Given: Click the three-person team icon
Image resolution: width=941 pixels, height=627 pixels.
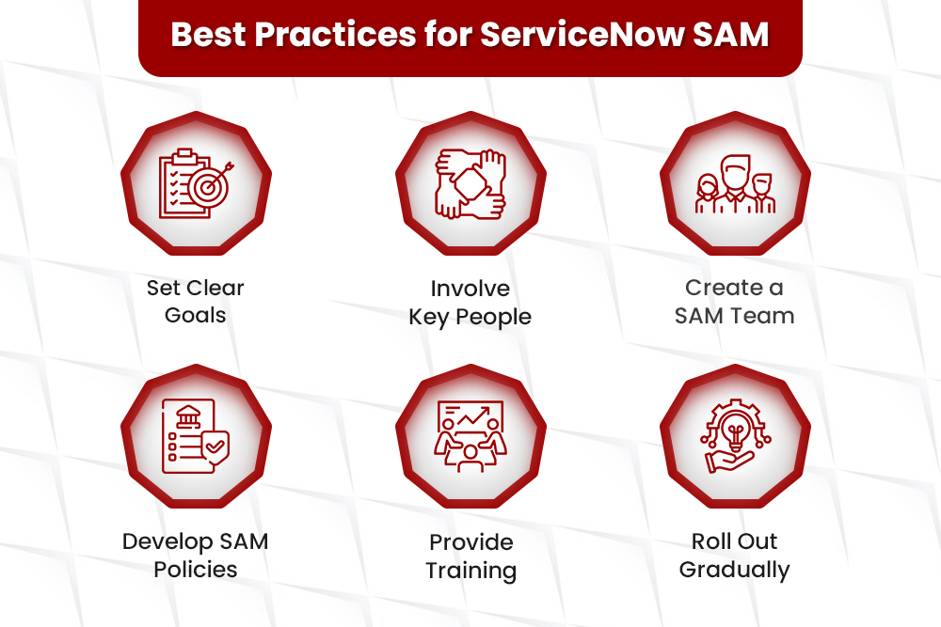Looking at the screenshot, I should (x=735, y=182).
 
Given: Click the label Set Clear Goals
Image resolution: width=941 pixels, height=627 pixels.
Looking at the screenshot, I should (x=196, y=302).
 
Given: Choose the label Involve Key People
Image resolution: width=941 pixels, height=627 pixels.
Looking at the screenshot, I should (x=470, y=303).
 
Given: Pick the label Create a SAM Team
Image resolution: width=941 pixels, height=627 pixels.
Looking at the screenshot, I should (x=735, y=302).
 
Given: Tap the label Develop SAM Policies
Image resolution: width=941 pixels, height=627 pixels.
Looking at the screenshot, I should (x=196, y=556).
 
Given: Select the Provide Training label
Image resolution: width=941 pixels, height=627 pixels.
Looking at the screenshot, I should (x=470, y=556).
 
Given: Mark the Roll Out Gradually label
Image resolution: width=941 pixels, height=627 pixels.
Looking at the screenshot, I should (x=735, y=556).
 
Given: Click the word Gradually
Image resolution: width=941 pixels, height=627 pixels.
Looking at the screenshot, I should (x=735, y=570).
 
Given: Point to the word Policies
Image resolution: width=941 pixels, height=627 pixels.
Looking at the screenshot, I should (x=196, y=570).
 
